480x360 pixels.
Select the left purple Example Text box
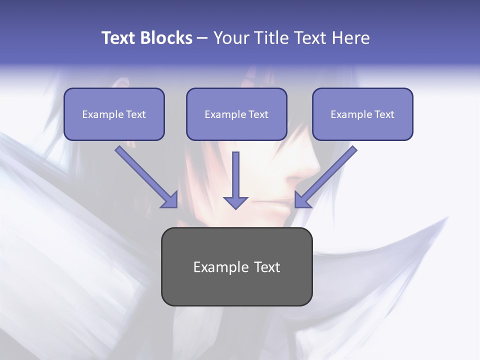114,114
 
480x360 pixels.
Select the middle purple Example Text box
236,114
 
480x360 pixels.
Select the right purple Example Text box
362,114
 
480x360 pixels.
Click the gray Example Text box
236,266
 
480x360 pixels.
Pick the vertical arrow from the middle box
235,175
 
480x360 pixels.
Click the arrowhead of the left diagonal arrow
170,200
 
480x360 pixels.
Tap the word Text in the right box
384,114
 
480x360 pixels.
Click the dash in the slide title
202,38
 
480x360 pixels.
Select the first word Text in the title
118,38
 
